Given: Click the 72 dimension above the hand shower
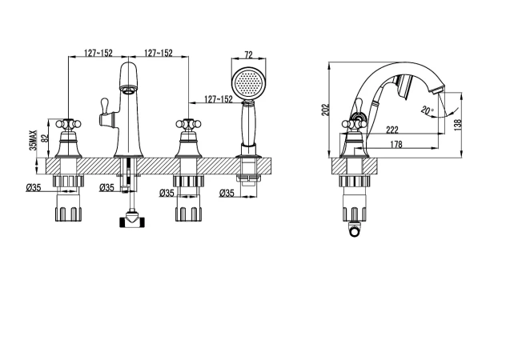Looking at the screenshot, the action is [248, 55].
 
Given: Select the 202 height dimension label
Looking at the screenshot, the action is [325, 110].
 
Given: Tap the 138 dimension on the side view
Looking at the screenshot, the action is [458, 125].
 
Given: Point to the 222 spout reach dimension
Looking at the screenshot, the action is [392, 130].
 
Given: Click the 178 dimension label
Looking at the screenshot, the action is [396, 144].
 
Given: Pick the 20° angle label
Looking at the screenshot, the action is [428, 110].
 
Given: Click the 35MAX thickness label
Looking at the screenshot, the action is [33, 140].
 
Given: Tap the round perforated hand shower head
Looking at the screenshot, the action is [249, 83].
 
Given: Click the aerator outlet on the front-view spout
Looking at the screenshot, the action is [128, 88].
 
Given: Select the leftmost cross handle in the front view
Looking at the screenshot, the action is [68, 124].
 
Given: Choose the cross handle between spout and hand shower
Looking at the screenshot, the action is [188, 124].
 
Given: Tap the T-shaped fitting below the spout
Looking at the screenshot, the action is [132, 220].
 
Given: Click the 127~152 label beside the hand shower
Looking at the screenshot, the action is [219, 98].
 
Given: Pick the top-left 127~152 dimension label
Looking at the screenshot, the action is [98, 53].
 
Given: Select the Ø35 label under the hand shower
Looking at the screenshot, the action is [227, 193].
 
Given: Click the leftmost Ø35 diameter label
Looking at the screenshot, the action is [34, 187].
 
